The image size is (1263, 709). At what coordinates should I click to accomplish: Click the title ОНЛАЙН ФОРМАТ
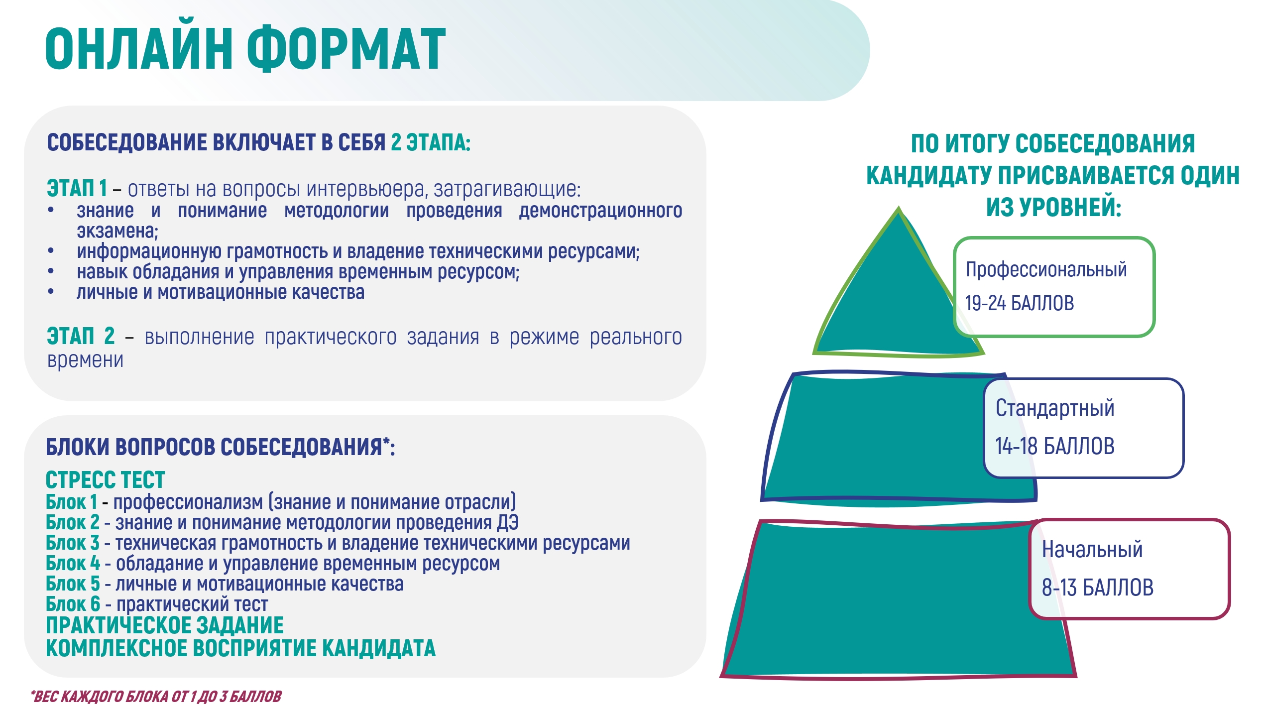click(245, 48)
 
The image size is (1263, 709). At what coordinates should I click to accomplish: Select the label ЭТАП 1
click(77, 189)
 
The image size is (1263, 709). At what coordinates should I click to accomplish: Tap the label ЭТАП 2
click(81, 336)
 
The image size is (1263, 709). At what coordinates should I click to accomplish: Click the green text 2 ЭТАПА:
click(431, 142)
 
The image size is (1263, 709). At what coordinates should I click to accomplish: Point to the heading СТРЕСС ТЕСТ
click(105, 480)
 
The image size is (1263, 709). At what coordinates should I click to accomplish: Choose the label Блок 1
click(72, 502)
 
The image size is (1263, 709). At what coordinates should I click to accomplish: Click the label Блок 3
click(73, 543)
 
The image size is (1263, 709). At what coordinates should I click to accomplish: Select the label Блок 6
click(73, 604)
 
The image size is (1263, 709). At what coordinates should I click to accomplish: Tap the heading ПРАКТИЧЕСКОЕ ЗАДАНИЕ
click(165, 625)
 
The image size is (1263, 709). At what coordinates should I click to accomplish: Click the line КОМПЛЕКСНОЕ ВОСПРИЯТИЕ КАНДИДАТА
click(241, 648)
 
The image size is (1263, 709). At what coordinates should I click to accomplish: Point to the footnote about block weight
click(156, 696)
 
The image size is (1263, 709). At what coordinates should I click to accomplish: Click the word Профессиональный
click(1046, 270)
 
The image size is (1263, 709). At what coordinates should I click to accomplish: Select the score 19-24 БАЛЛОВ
click(1020, 303)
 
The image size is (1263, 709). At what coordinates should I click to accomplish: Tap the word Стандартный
click(1055, 409)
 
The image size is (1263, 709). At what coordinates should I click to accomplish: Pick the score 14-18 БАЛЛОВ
click(1055, 446)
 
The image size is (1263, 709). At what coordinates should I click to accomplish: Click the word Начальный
click(1092, 550)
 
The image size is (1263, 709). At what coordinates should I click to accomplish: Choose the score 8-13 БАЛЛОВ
click(1098, 588)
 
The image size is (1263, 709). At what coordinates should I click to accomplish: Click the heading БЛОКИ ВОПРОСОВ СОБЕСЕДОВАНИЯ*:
click(221, 447)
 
